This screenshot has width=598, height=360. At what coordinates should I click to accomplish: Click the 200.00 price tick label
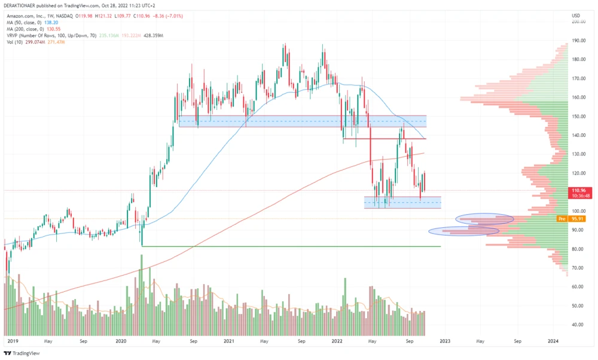point(578,22)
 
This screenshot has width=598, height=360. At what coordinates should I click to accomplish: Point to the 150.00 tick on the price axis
point(578,117)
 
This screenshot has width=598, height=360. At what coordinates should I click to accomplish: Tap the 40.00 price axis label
point(577,325)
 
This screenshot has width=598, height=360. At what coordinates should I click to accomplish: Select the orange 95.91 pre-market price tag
point(577,219)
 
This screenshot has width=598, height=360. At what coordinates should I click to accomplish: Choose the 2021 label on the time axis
point(228,341)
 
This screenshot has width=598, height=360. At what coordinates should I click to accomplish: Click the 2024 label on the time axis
point(553,341)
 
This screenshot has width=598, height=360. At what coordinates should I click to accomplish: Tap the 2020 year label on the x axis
point(121,341)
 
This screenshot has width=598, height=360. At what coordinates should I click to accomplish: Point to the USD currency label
point(576,15)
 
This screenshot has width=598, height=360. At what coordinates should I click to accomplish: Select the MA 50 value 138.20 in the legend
point(52,20)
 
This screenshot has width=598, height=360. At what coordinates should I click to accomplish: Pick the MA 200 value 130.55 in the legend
point(54,28)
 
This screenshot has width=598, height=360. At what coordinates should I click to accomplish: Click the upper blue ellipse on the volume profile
point(485,219)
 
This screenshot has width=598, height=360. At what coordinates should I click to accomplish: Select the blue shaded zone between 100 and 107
point(402,202)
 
